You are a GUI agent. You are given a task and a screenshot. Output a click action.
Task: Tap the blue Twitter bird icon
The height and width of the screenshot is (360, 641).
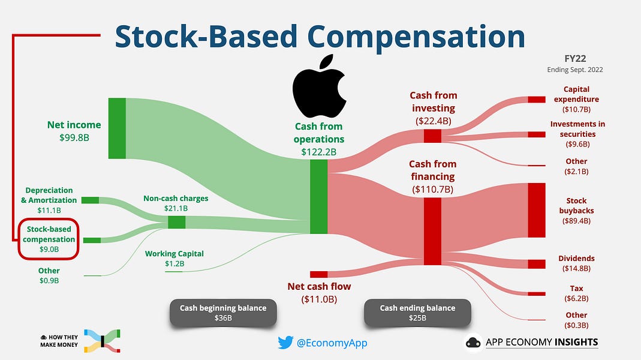coord(285,343)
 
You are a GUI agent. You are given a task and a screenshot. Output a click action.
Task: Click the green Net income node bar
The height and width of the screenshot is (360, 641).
coord(117,128)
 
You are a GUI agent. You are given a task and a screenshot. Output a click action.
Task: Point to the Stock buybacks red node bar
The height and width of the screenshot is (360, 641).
coord(536,210)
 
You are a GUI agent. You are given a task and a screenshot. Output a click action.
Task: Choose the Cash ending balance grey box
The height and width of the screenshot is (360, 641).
coord(417,313)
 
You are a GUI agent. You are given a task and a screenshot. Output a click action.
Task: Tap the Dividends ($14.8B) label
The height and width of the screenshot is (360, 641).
coord(576,263)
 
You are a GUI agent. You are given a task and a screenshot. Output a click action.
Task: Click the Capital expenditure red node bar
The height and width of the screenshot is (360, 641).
coord(536,100)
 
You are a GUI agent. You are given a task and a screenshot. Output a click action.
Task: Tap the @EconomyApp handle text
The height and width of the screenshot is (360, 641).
coord(332,343)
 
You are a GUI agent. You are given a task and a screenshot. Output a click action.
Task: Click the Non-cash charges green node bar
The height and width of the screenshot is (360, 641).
coord(176,222)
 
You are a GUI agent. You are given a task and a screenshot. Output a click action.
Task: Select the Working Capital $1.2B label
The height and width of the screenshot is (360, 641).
coord(174,259)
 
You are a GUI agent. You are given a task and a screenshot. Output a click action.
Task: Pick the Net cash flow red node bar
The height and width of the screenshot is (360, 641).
coord(318,274)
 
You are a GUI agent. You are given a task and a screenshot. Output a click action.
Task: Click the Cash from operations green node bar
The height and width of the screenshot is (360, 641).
coord(318,196)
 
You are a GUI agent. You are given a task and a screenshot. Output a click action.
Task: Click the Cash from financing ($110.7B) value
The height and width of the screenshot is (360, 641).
coord(432,190)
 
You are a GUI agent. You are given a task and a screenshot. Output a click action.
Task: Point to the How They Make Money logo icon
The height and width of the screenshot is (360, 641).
coord(103,340)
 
